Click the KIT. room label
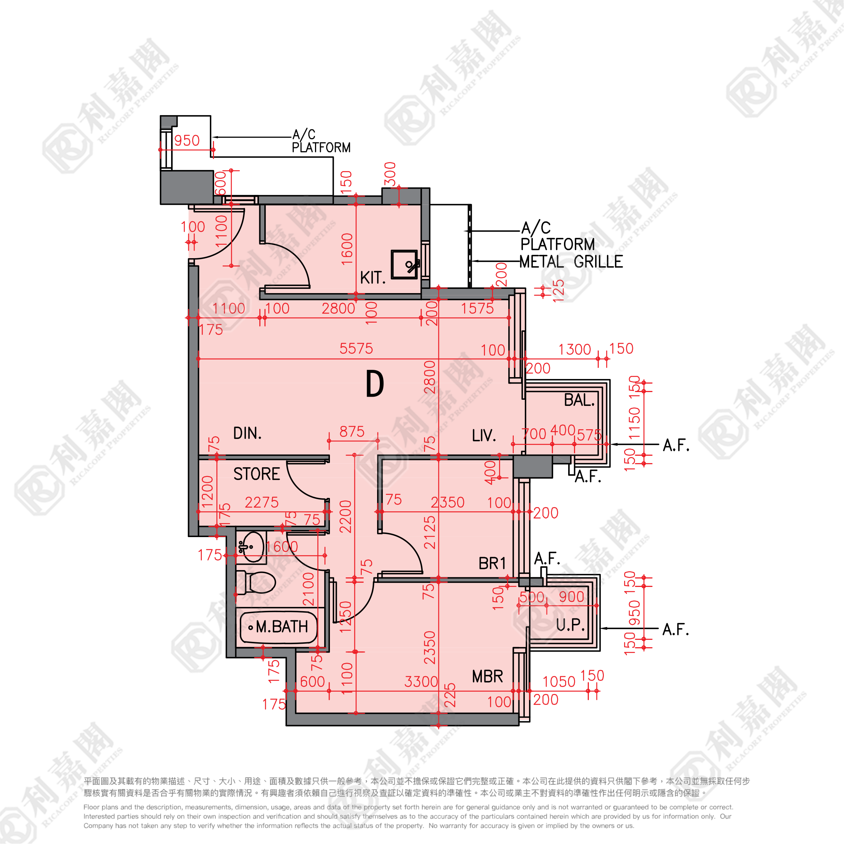373,278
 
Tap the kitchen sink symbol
404,264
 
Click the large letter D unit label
374,384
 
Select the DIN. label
247,434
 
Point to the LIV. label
484,435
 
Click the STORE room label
256,474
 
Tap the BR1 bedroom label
492,564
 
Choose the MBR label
488,677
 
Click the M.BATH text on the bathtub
282,627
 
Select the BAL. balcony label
579,400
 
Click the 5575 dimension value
356,349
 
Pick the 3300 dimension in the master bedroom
421,681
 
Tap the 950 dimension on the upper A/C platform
187,141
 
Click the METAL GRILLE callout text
571,262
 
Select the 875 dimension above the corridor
352,432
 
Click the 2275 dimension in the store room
262,503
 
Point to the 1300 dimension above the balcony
574,349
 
